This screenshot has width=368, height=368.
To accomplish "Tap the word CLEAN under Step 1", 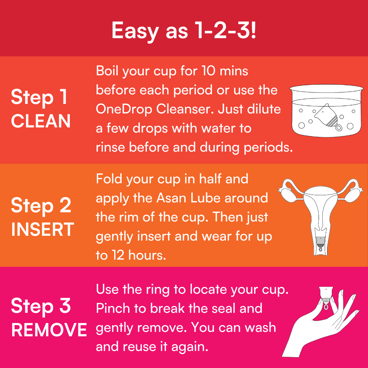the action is (x=41, y=121).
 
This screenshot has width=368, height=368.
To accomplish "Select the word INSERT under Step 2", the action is (x=43, y=229).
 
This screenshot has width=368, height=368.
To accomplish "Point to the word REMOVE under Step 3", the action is (x=49, y=330).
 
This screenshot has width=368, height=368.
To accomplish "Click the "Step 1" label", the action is (x=40, y=97).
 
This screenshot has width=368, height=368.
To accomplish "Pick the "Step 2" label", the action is (x=41, y=205).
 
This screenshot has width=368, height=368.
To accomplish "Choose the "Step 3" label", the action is (x=41, y=306).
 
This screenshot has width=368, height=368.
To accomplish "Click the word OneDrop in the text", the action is (x=124, y=109).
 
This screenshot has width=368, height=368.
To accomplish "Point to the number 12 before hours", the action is (x=118, y=255).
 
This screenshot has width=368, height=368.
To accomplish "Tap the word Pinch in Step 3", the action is (x=113, y=308).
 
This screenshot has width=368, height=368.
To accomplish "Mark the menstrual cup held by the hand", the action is (x=326, y=297).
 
